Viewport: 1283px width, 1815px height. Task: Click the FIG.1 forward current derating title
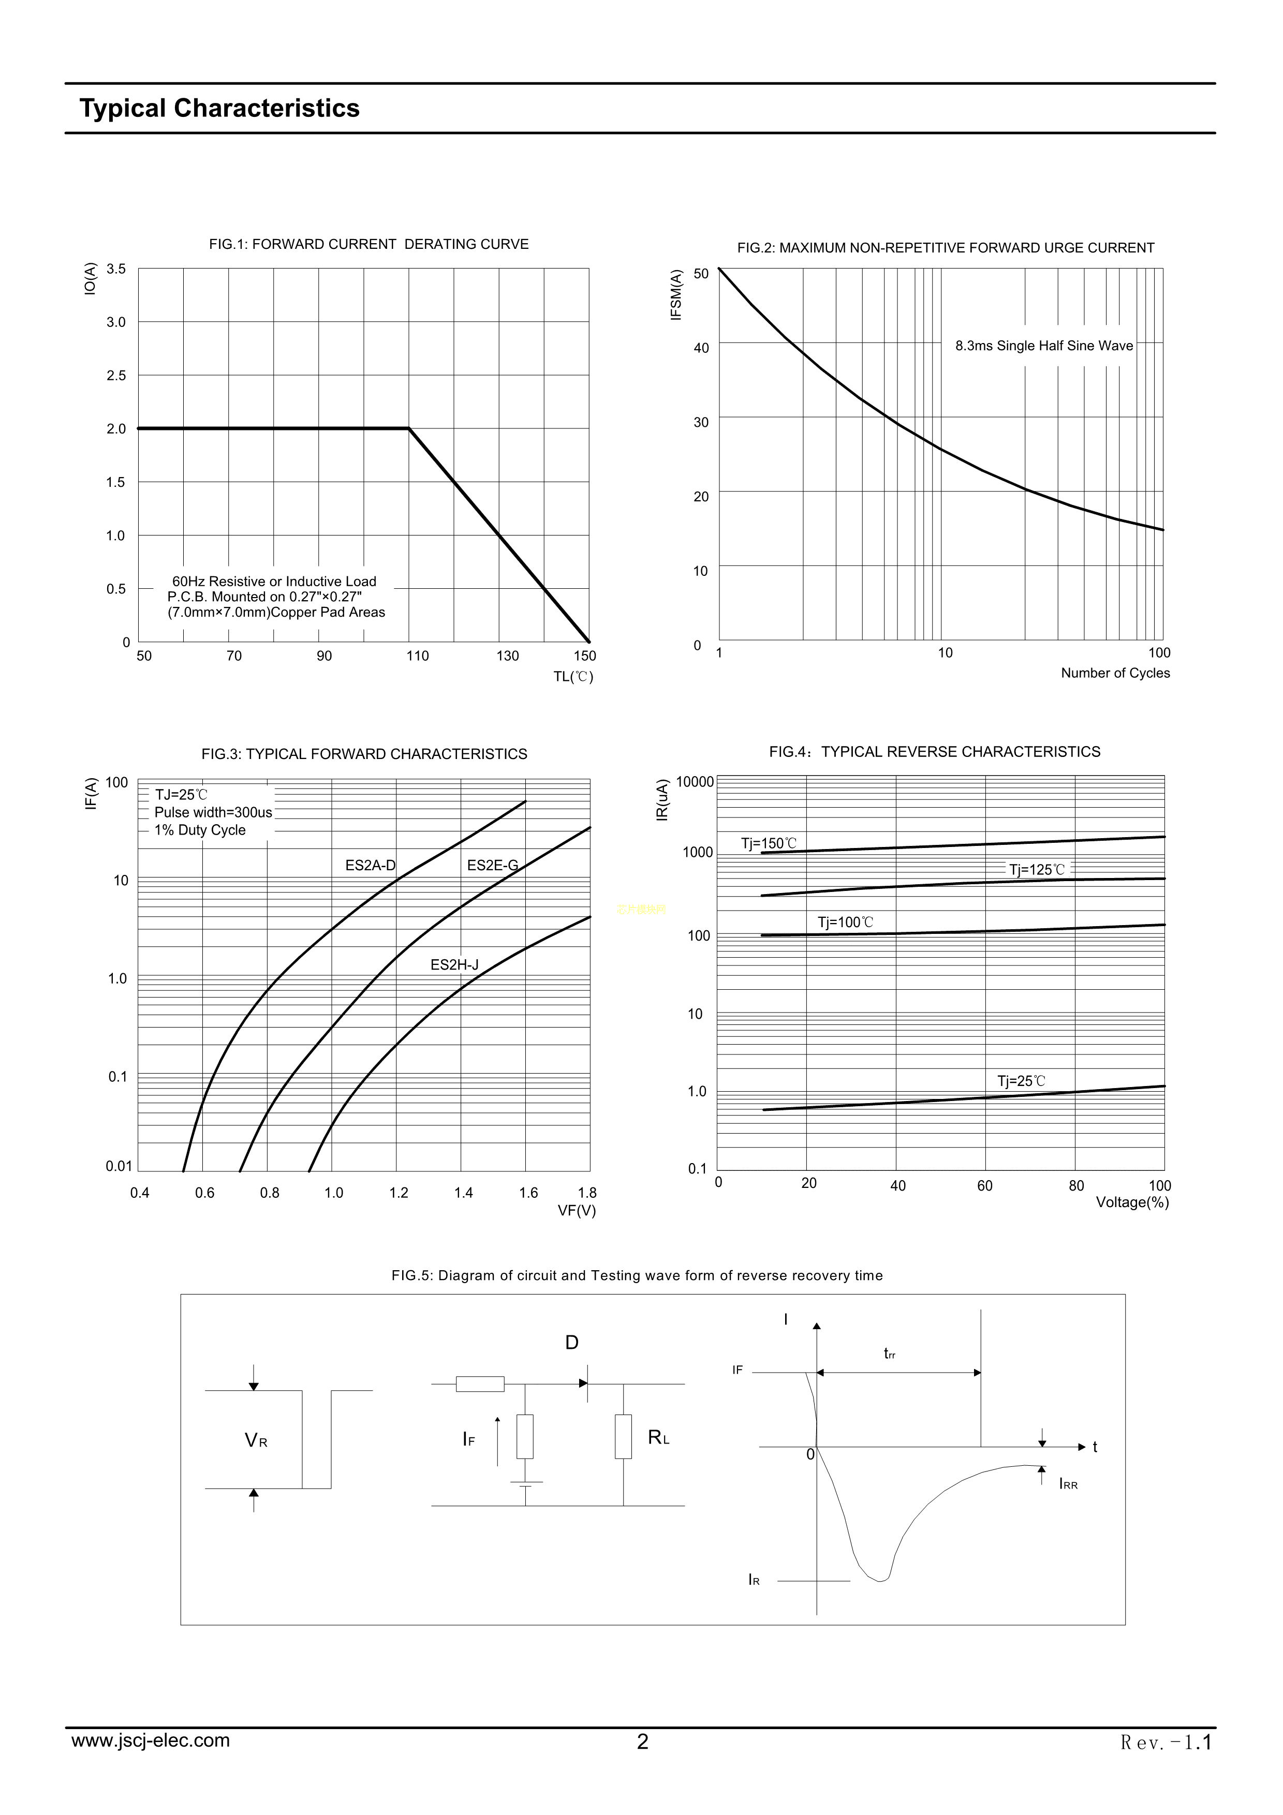coord(368,244)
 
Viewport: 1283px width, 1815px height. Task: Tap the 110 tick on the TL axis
coord(417,656)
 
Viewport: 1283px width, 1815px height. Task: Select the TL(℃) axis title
coord(573,677)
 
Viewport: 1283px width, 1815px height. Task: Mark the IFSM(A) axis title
coord(676,295)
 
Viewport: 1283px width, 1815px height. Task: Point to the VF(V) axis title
coord(576,1210)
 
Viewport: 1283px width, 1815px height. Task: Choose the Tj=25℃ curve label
coord(1021,1081)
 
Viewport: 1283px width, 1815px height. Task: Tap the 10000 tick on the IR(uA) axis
coord(695,782)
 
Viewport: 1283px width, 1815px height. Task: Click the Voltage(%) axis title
coord(1132,1202)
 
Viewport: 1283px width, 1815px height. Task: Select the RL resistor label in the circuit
coord(658,1438)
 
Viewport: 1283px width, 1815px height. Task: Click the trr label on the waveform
coord(889,1354)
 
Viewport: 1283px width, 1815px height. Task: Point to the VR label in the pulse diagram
coord(255,1440)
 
